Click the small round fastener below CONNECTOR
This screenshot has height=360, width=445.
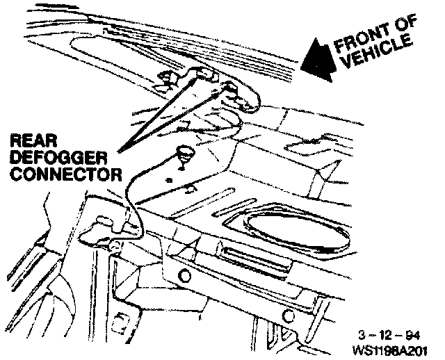(x=112, y=245)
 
